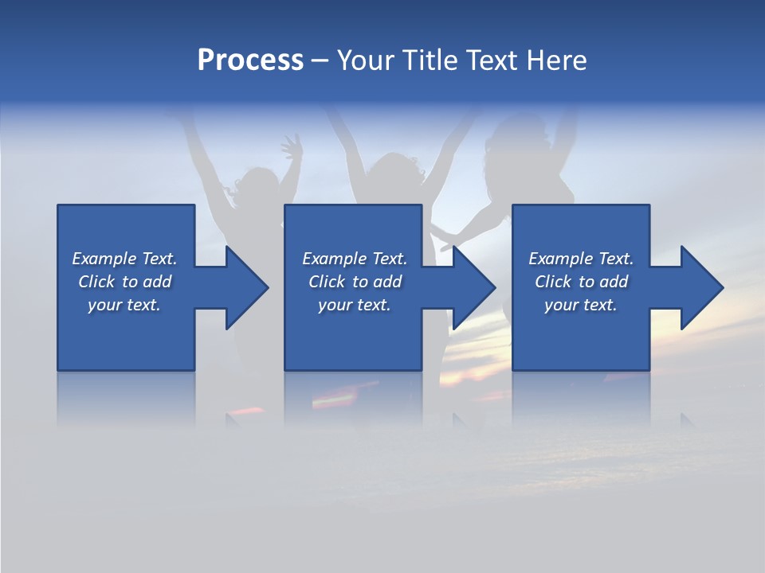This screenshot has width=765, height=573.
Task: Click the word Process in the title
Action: pyautogui.click(x=250, y=60)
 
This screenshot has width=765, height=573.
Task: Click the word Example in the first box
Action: pyautogui.click(x=104, y=259)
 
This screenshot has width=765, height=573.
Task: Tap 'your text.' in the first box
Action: pyautogui.click(x=124, y=305)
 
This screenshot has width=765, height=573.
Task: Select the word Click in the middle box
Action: pyautogui.click(x=326, y=282)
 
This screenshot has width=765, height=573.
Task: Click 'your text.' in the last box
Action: pyautogui.click(x=581, y=305)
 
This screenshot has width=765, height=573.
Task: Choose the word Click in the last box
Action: pyautogui.click(x=553, y=282)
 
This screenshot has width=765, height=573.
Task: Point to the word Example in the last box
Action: pyautogui.click(x=561, y=259)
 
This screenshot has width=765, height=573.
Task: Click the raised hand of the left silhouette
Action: pyautogui.click(x=292, y=148)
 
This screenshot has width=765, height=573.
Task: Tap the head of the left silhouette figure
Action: pyautogui.click(x=257, y=185)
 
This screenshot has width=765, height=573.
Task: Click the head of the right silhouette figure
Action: pyautogui.click(x=510, y=143)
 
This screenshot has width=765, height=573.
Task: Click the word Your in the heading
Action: pyautogui.click(x=366, y=60)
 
